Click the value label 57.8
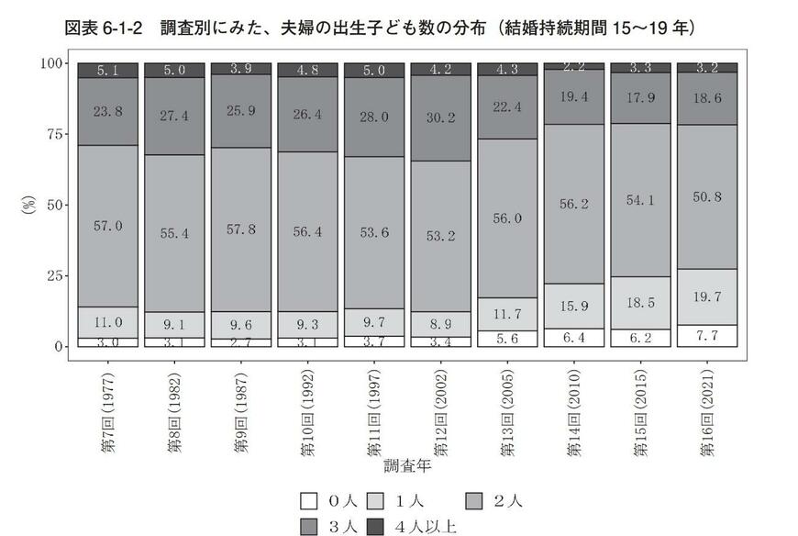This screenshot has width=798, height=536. point(240,227)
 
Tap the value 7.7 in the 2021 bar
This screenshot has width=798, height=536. point(705,337)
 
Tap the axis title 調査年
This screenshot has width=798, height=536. point(407,466)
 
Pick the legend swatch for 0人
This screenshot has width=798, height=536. point(309,501)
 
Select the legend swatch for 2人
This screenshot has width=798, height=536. point(474,501)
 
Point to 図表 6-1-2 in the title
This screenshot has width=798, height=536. point(103,28)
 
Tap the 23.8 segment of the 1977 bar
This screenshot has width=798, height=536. point(107,111)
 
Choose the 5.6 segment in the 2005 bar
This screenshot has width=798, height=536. point(506,338)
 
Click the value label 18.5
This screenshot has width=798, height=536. point(639,302)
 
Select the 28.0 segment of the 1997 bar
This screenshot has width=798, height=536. point(373,117)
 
